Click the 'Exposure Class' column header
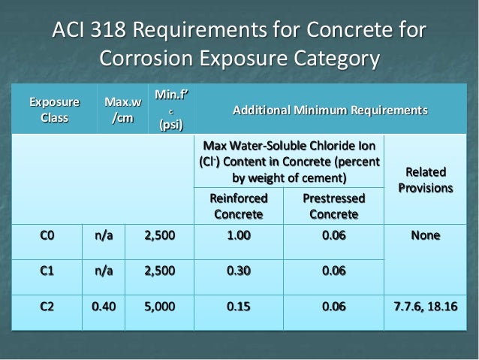click(53, 110)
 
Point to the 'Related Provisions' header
click(426, 179)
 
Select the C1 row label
click(47, 271)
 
